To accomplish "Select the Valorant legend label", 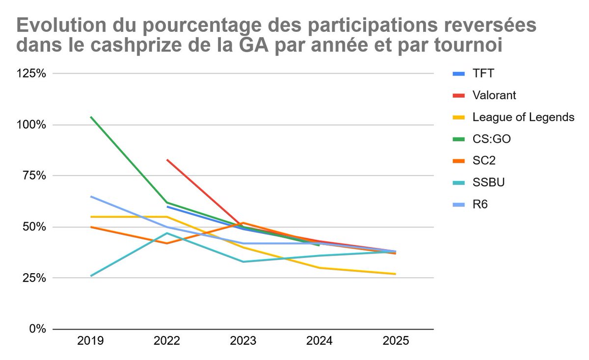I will (x=494, y=96).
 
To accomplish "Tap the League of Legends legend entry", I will (x=523, y=117).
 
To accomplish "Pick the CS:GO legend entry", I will (x=491, y=139).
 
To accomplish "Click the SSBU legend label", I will (x=488, y=182).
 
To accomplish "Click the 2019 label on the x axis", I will (x=91, y=341).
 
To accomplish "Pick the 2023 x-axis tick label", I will (x=243, y=341).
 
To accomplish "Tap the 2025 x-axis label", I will (x=396, y=341).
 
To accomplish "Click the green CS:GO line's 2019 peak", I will (x=91, y=117).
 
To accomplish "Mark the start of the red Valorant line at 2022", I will (x=167, y=159).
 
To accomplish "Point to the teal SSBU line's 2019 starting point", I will (x=91, y=276).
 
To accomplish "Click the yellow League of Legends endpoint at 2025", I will (x=395, y=274).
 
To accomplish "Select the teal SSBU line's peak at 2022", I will (x=167, y=233).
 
